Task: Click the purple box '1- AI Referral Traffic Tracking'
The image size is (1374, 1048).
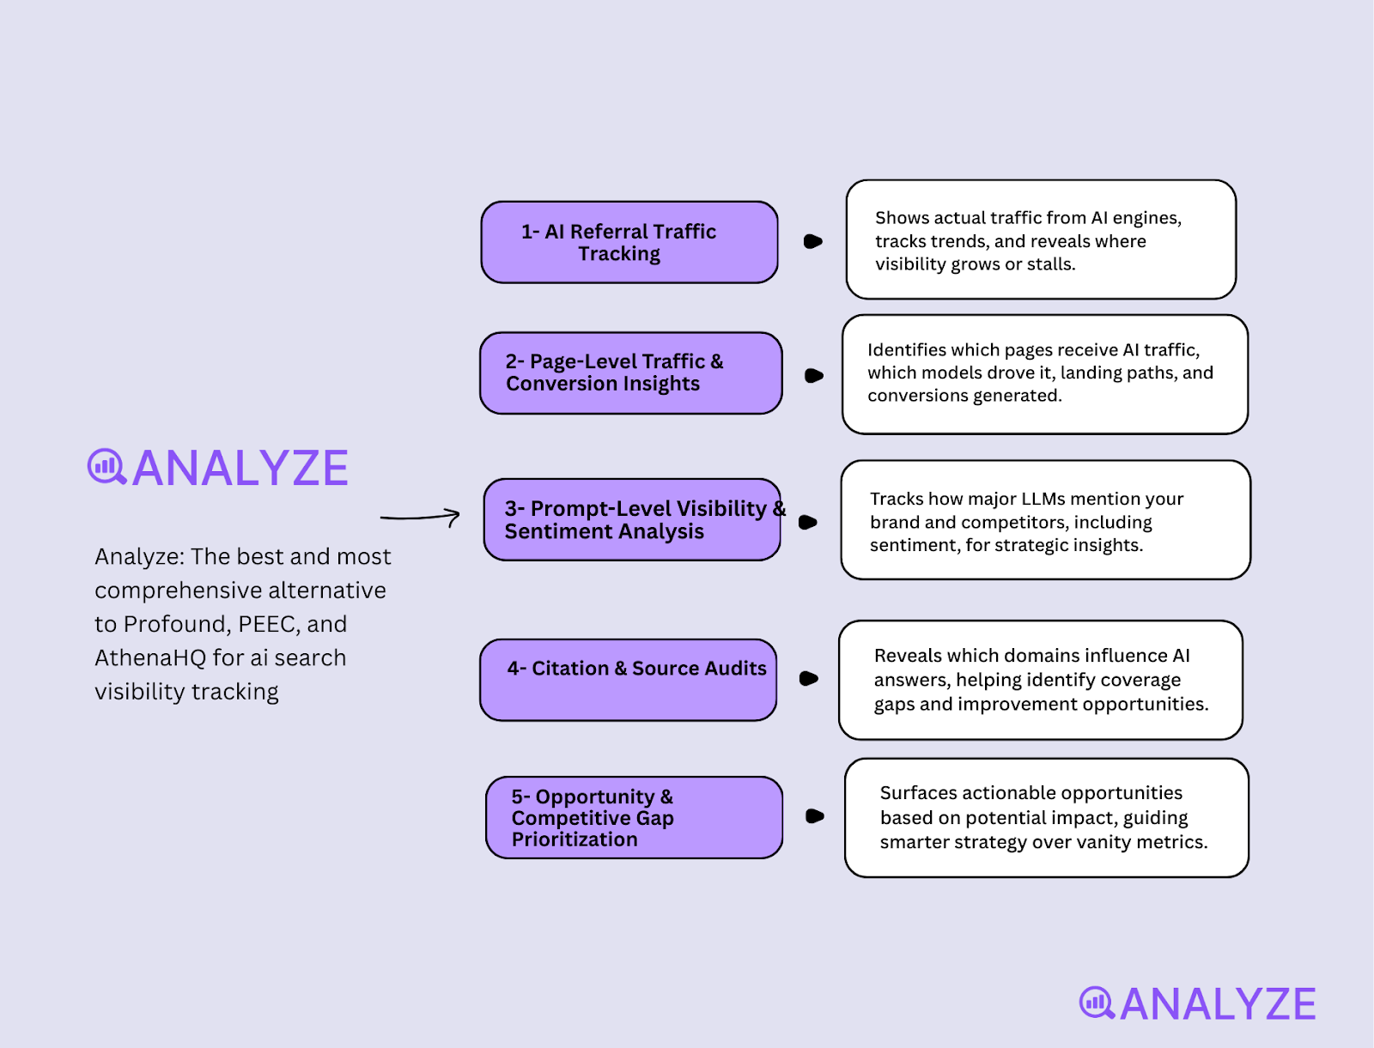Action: pyautogui.click(x=629, y=242)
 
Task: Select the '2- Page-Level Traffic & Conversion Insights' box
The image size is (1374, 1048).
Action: pyautogui.click(x=630, y=373)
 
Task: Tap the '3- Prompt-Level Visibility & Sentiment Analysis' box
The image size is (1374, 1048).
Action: pyautogui.click(x=632, y=519)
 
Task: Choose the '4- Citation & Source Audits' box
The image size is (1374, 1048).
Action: pyautogui.click(x=628, y=680)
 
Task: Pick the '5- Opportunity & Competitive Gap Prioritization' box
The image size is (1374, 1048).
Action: pyautogui.click(x=634, y=817)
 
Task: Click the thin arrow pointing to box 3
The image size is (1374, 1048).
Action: pyautogui.click(x=420, y=517)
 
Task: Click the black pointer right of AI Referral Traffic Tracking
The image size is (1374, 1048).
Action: pyautogui.click(x=812, y=242)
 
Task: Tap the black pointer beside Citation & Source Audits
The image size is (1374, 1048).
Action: pyautogui.click(x=808, y=679)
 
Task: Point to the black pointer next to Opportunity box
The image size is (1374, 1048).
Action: pyautogui.click(x=815, y=816)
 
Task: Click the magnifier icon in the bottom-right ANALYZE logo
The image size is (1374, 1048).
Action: pyautogui.click(x=1097, y=1003)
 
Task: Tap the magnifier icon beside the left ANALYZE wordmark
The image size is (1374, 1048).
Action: pyautogui.click(x=106, y=467)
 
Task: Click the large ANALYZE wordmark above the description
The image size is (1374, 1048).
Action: pyautogui.click(x=240, y=469)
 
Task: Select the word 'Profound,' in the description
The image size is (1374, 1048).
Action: pyautogui.click(x=177, y=624)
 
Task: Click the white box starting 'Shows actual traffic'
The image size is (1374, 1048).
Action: pyautogui.click(x=1041, y=239)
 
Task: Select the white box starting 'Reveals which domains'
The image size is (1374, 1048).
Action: pyautogui.click(x=1040, y=680)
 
